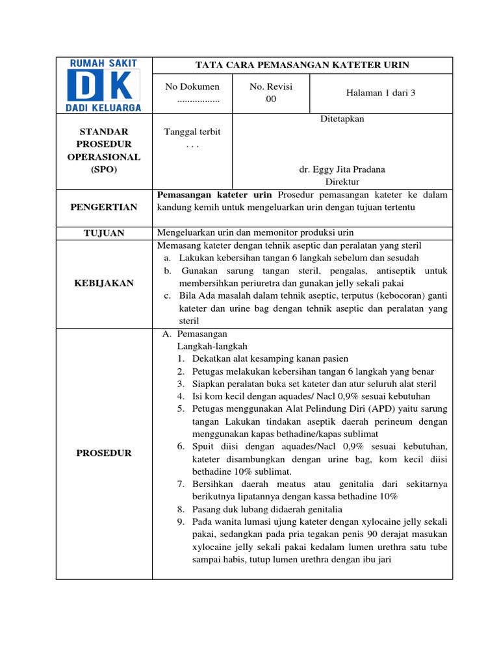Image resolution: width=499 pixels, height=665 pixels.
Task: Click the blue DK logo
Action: click(x=104, y=85)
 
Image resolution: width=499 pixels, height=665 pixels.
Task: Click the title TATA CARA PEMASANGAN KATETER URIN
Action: click(x=302, y=65)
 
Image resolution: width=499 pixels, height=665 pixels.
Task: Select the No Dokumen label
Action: click(x=192, y=86)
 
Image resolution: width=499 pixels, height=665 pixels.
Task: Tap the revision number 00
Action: click(x=271, y=99)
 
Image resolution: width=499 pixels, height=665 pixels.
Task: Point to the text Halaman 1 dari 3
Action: click(x=381, y=93)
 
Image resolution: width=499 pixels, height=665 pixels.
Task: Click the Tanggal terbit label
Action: click(x=192, y=132)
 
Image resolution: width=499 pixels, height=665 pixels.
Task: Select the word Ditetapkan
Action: click(x=342, y=119)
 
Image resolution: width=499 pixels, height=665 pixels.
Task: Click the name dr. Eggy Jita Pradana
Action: click(x=342, y=169)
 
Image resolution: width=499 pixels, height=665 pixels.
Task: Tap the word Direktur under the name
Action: click(x=342, y=182)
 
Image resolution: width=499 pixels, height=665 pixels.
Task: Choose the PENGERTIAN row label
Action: click(x=104, y=207)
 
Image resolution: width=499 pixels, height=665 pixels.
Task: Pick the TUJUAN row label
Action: click(x=104, y=232)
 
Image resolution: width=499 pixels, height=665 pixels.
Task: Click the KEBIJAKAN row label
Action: click(x=104, y=283)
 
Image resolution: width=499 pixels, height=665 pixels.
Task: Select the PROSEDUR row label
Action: click(x=104, y=453)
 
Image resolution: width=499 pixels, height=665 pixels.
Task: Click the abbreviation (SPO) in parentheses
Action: click(x=104, y=169)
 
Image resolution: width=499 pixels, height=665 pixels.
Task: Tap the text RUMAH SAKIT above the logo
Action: click(x=104, y=63)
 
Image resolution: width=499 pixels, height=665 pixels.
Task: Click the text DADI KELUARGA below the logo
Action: click(x=104, y=107)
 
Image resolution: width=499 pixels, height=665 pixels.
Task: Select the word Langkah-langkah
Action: click(x=212, y=346)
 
